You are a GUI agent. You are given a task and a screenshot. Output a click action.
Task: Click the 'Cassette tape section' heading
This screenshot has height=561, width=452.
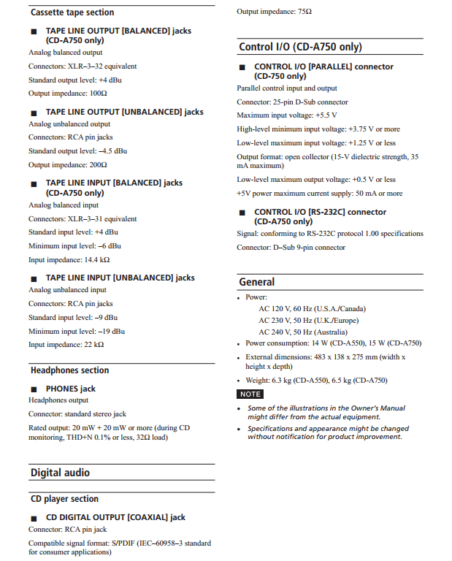(72, 12)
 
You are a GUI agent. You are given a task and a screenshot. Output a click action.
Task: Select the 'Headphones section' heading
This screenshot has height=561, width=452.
(69, 370)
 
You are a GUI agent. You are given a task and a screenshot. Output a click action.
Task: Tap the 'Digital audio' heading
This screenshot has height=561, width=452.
(60, 473)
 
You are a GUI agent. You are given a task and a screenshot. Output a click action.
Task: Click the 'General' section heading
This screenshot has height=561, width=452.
(257, 282)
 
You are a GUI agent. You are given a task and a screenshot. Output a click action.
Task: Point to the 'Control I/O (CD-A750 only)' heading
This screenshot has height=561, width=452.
(300, 47)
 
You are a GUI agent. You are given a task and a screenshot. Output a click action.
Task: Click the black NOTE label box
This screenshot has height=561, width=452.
(250, 394)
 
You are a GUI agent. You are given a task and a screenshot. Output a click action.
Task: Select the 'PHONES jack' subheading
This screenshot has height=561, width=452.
(71, 389)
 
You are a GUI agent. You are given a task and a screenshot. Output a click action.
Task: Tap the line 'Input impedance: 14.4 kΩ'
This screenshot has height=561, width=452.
(69, 259)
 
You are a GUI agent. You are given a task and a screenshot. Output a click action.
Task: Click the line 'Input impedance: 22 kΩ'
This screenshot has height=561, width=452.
(66, 344)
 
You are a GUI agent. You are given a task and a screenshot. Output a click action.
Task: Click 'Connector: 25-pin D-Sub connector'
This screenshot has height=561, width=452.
(292, 102)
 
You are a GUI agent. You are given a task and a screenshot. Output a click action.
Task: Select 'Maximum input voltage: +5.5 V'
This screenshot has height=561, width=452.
(287, 115)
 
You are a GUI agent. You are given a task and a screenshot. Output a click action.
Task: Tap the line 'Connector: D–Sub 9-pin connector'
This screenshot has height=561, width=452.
(291, 248)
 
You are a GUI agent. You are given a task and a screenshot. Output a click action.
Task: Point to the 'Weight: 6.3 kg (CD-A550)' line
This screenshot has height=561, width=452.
(316, 380)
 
